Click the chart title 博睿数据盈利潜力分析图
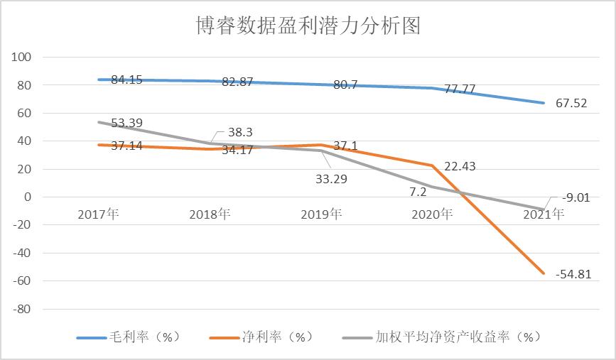(x=308, y=26)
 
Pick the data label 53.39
(x=126, y=123)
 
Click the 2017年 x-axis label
(x=98, y=213)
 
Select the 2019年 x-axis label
(x=321, y=213)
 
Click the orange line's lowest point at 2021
(x=544, y=273)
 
